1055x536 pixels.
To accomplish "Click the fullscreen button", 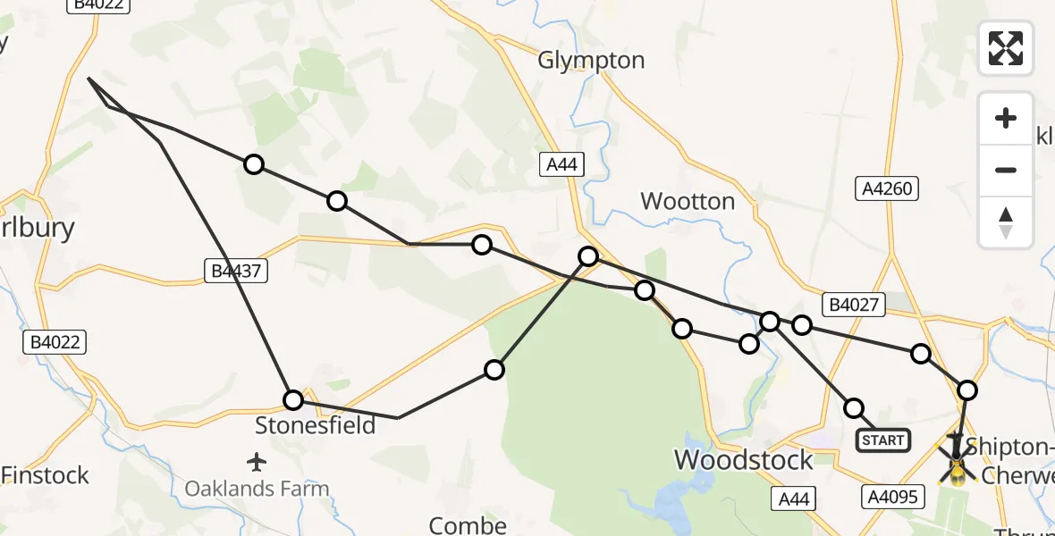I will click(x=1006, y=48).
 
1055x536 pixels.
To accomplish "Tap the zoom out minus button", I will click(x=1006, y=170).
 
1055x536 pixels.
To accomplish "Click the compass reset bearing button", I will click(x=1006, y=222).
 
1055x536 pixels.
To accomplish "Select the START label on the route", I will click(x=883, y=440).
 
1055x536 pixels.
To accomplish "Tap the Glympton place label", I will click(x=591, y=61).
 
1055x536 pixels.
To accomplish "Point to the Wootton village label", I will click(x=688, y=202).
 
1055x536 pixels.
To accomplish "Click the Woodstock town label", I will click(x=743, y=460).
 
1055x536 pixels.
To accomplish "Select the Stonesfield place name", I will click(x=316, y=425).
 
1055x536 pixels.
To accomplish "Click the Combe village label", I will click(x=468, y=525).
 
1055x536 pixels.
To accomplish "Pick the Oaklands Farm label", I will click(x=257, y=489).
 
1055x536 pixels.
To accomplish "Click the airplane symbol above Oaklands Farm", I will click(x=257, y=462).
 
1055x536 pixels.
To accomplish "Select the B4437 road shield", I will click(x=235, y=270).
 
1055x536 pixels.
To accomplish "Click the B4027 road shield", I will click(x=855, y=306).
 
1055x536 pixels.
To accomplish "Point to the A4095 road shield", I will click(x=891, y=497).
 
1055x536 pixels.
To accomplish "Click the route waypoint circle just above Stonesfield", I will click(x=293, y=399).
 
